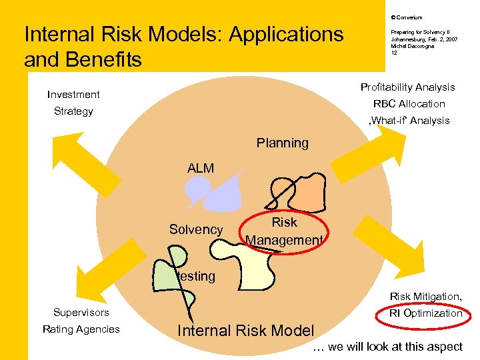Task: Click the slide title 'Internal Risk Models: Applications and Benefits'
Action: [x=183, y=47]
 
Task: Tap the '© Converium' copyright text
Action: [x=407, y=17]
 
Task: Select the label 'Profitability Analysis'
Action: [x=407, y=87]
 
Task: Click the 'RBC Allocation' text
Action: [x=409, y=104]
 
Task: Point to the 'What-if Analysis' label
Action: [x=409, y=121]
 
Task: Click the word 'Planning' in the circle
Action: [x=283, y=143]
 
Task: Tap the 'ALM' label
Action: [x=201, y=169]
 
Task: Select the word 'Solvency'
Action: [x=196, y=229]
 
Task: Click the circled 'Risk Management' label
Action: [x=285, y=231]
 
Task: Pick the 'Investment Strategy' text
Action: [x=73, y=103]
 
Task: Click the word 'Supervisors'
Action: [x=81, y=312]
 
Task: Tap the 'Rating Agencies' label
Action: [x=81, y=329]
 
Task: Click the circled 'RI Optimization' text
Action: [x=426, y=313]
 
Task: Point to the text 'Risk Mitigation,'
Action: [x=425, y=296]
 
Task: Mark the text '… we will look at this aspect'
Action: [x=387, y=346]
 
